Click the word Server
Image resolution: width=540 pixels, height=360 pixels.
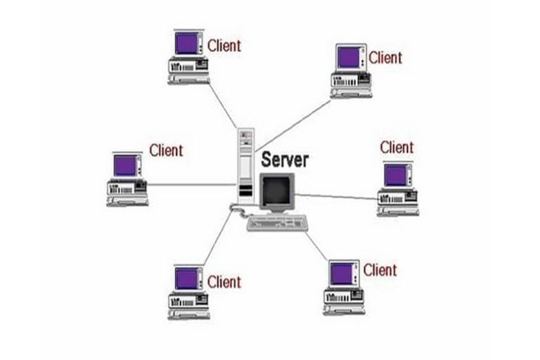click(285, 159)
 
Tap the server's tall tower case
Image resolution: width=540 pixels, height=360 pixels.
click(245, 166)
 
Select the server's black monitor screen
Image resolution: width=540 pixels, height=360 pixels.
click(276, 190)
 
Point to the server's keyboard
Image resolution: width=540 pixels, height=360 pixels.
click(278, 224)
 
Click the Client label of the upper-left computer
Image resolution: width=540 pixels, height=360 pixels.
click(224, 46)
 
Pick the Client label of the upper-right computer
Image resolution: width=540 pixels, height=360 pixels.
click(385, 57)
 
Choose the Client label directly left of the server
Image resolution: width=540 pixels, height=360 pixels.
click(166, 150)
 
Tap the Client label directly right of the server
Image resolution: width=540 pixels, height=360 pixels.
click(397, 148)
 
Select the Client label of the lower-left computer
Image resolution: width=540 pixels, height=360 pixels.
click(224, 282)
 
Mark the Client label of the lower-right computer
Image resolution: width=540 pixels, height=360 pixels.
click(380, 270)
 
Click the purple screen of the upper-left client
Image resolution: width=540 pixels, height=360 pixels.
click(186, 44)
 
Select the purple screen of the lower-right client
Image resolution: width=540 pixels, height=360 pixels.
click(342, 271)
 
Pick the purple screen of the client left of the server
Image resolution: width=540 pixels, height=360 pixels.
click(125, 165)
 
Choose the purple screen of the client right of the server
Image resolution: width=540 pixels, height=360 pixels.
click(395, 175)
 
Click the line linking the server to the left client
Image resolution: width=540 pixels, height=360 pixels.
click(190, 186)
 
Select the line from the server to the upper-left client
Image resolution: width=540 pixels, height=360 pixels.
click(224, 108)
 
